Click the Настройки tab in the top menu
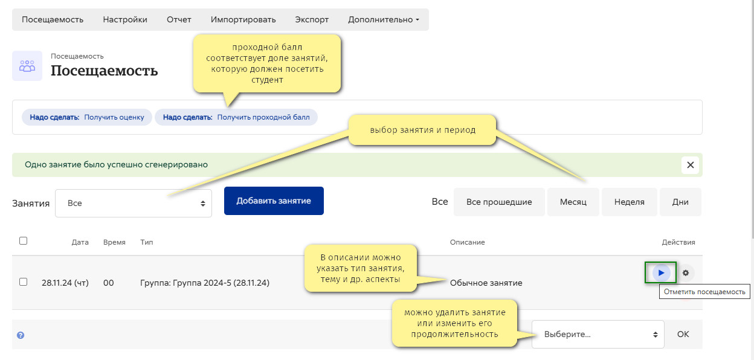click(125, 19)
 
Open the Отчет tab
click(179, 19)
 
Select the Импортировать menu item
click(243, 19)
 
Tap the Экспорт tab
click(312, 19)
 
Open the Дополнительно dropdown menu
click(384, 19)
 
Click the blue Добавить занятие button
click(274, 201)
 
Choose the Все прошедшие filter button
click(499, 202)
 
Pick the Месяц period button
click(573, 202)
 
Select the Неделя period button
click(629, 202)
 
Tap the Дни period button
click(680, 202)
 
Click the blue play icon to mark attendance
click(661, 272)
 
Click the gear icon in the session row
click(686, 273)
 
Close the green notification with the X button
click(691, 165)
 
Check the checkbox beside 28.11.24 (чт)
click(23, 281)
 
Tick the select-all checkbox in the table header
click(23, 241)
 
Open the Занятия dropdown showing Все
click(134, 203)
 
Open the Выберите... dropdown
click(598, 334)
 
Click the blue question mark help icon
click(21, 335)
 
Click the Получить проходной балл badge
click(236, 117)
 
